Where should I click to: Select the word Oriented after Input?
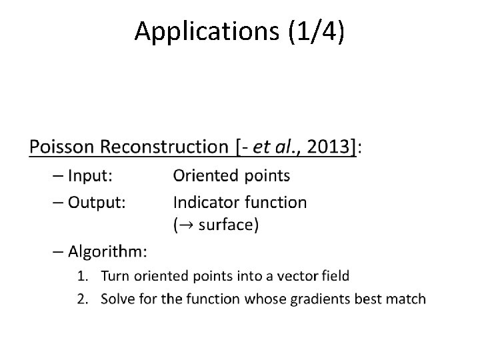click(x=202, y=175)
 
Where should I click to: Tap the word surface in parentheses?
click(x=224, y=225)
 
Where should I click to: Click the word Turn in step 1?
click(x=115, y=275)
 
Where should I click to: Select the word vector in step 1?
click(x=295, y=275)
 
